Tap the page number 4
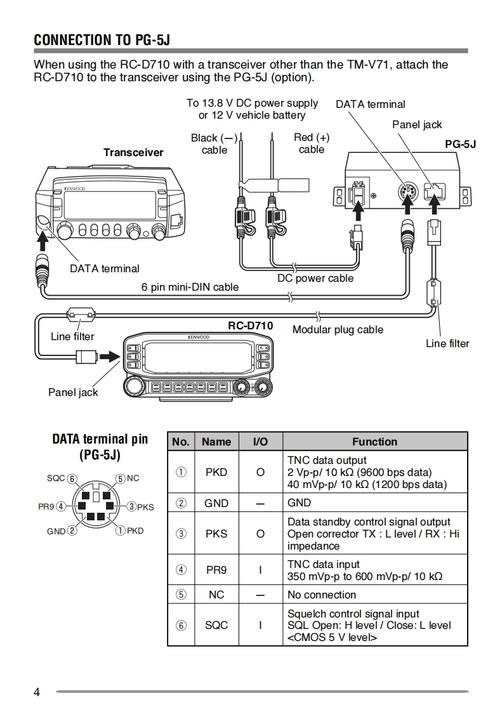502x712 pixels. [37, 692]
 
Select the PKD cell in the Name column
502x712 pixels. [216, 472]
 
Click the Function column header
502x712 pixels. [374, 442]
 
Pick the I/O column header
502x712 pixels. [260, 442]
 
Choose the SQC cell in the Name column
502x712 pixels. [216, 625]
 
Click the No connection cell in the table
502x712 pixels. [322, 595]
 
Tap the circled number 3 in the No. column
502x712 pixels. [182, 534]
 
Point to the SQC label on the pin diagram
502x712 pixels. [56, 478]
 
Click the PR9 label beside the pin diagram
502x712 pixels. [46, 506]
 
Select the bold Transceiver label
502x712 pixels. [133, 152]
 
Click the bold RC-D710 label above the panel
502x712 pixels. [251, 326]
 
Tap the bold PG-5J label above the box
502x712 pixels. [460, 144]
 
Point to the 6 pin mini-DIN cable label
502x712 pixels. [190, 287]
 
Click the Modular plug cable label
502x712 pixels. [338, 329]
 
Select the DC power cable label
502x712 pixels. [315, 278]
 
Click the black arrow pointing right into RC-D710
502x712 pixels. [109, 356]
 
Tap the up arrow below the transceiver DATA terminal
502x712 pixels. [44, 241]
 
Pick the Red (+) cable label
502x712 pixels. [312, 143]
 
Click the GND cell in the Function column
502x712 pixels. [299, 503]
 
